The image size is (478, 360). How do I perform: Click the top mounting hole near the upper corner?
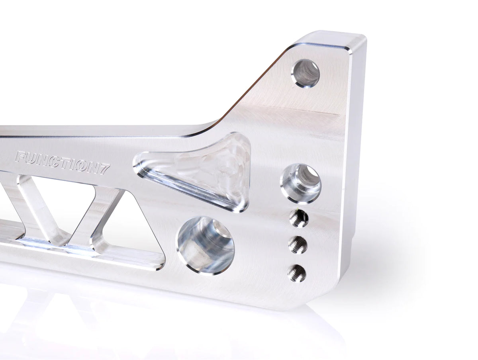pos(306,73)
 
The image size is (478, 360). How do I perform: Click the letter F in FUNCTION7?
pos(20,157)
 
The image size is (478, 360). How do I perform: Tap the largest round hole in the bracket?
pos(206,245)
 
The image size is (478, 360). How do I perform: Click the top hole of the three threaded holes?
pos(299,218)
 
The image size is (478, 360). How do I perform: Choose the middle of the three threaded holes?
pos(298,245)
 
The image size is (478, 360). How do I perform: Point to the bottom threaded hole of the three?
pos(297,273)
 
